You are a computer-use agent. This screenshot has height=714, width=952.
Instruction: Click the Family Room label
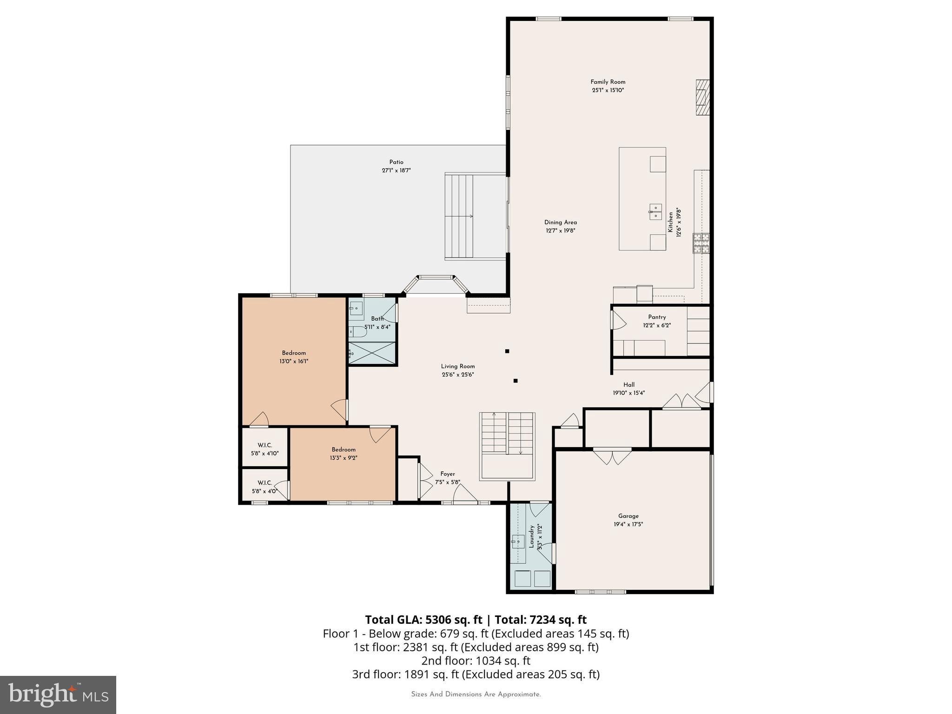608,82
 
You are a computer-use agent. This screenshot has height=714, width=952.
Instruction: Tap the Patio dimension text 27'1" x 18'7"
396,171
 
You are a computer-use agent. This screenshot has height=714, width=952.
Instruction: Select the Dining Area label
560,222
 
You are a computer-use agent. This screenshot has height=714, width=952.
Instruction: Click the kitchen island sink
655,212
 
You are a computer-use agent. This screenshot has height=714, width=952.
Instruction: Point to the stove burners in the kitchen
701,243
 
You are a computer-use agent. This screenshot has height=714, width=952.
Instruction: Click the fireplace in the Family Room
702,98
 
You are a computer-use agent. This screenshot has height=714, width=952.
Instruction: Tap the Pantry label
657,317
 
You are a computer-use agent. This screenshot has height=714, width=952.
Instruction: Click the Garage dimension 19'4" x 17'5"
628,524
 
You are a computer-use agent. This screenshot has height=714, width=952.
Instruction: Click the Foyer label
448,474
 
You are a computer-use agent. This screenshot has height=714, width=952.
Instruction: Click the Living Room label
458,366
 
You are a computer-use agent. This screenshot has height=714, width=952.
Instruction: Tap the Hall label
628,384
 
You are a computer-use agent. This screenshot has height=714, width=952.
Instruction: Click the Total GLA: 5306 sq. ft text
423,620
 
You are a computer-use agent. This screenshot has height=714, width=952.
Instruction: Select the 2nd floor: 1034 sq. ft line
476,661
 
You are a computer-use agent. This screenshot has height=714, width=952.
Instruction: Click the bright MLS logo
58,694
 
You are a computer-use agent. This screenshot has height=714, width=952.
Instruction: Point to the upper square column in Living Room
507,351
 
